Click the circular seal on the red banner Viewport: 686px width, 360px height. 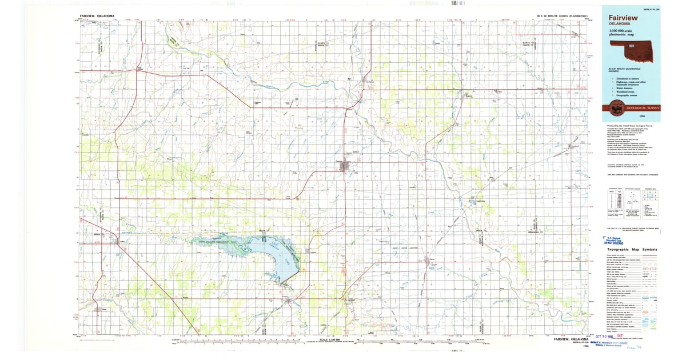pyautogui.click(x=615, y=106)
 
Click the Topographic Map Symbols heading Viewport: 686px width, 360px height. pyautogui.click(x=633, y=250)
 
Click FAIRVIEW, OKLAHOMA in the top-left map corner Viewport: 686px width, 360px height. pyautogui.click(x=97, y=16)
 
